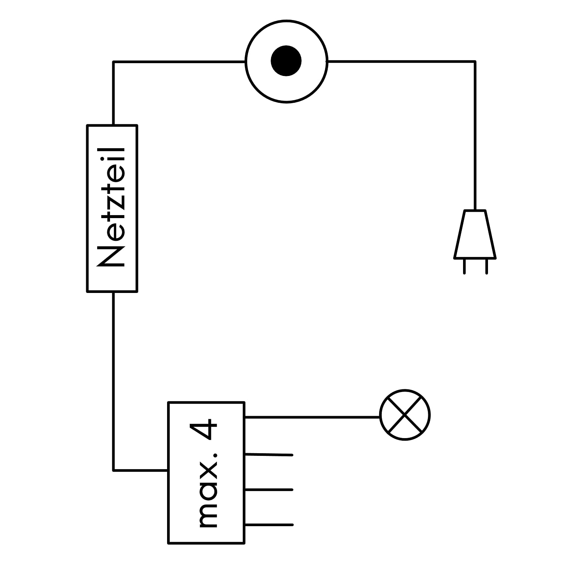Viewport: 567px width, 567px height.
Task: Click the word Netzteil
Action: [x=111, y=208]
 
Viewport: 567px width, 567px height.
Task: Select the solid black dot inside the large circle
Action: [x=286, y=61]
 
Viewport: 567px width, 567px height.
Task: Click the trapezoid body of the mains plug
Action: [x=475, y=234]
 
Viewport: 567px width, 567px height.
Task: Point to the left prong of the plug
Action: [x=464, y=266]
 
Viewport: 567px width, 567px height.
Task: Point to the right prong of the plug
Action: [x=486, y=266]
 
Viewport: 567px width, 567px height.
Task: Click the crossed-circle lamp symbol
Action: [x=405, y=415]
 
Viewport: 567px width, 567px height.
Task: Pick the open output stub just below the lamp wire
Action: [x=269, y=454]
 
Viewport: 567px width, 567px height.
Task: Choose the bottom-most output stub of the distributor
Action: [x=269, y=525]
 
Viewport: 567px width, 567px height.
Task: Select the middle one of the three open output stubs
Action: [x=269, y=490]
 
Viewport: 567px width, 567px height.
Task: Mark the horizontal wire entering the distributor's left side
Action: [x=140, y=470]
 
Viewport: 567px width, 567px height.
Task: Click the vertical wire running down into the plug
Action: [x=475, y=135]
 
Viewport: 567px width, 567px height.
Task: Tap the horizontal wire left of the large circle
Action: [x=179, y=62]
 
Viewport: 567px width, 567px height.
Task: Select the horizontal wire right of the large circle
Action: [x=401, y=61]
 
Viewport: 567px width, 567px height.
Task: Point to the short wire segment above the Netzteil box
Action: [x=113, y=93]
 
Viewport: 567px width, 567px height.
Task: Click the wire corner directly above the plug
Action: [x=475, y=61]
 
